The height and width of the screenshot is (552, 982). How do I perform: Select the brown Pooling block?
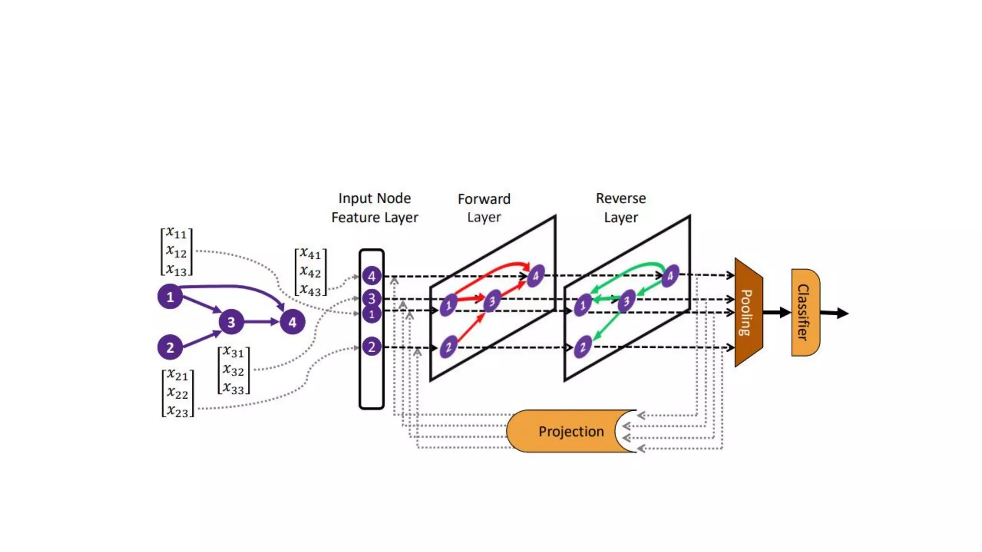coord(748,312)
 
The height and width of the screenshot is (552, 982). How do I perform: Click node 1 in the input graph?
coord(170,297)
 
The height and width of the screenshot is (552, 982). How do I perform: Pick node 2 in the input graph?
coord(170,347)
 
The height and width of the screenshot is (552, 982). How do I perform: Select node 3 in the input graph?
coord(231,322)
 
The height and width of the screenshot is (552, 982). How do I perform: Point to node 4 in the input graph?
coord(292,322)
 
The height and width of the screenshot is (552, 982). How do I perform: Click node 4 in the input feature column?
coord(372,276)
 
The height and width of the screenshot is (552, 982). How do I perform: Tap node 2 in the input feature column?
coord(372,346)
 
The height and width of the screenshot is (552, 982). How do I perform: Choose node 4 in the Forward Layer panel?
coord(536,276)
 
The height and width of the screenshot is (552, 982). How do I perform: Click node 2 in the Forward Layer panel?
coord(448,347)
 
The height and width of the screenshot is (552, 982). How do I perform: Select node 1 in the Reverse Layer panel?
coord(583,305)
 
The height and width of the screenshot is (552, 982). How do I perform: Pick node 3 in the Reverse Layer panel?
coord(626,301)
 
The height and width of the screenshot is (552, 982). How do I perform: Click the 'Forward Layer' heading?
coord(484,208)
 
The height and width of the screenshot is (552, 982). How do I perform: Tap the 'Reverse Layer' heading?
coord(620,207)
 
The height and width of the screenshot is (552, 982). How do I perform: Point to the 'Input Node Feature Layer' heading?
coord(374,207)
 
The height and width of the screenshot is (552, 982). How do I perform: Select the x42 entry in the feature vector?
coord(310,272)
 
